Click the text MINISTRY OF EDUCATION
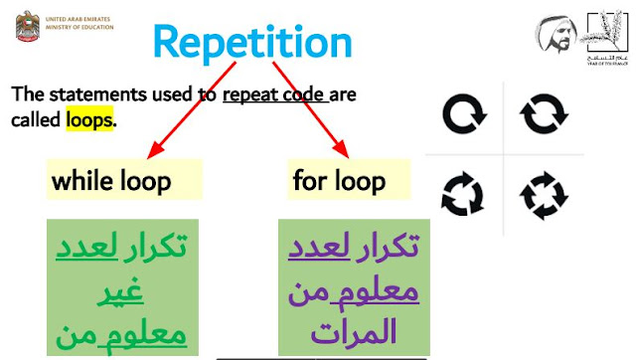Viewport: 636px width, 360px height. click(79, 27)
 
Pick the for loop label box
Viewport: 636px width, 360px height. click(341, 181)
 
